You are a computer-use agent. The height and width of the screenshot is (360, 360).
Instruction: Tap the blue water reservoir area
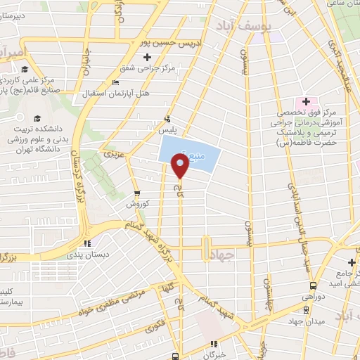click(x=188, y=148)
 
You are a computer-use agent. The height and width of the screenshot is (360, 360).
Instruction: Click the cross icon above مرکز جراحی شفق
click(x=147, y=57)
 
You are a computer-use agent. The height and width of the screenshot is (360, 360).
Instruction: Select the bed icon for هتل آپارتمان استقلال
click(x=115, y=83)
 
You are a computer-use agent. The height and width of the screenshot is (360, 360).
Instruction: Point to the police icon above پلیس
click(x=167, y=119)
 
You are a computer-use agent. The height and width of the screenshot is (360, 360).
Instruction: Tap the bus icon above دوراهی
click(x=313, y=285)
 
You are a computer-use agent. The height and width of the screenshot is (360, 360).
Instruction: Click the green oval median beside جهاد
click(x=205, y=249)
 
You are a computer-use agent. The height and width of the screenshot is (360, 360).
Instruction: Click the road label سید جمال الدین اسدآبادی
click(x=293, y=221)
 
